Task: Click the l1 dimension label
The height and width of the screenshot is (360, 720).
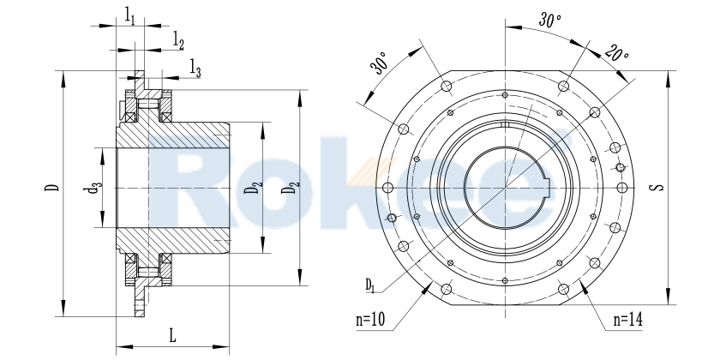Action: [x=129, y=14]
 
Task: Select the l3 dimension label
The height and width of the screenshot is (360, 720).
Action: [x=195, y=70]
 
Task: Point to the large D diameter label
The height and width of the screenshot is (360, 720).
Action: [x=53, y=187]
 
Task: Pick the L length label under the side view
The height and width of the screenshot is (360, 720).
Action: [x=172, y=335]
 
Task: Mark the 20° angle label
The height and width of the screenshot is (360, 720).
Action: [x=616, y=53]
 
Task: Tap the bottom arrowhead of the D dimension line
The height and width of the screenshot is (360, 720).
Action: [x=63, y=313]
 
